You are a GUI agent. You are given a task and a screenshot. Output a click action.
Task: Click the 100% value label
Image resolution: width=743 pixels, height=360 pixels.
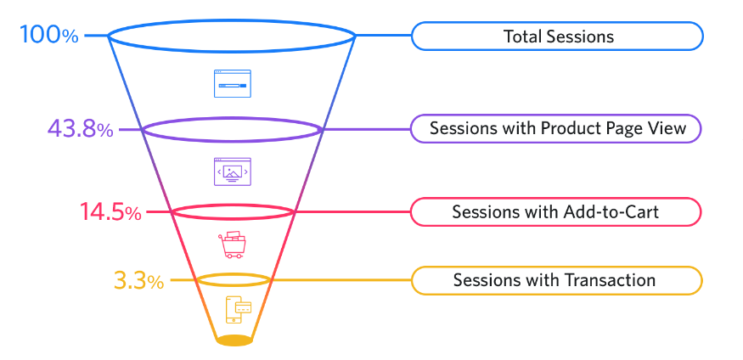click(48, 36)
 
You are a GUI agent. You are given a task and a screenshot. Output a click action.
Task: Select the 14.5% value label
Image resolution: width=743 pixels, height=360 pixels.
click(110, 211)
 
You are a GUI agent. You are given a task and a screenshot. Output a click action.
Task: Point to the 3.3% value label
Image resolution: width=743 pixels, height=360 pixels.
click(138, 280)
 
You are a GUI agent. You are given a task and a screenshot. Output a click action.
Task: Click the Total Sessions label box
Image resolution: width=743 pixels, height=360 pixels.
click(557, 37)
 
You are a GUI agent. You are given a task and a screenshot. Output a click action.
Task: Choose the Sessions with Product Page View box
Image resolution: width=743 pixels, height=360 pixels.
click(557, 129)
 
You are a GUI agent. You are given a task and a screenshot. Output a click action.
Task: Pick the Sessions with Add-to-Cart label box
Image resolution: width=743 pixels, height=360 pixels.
click(557, 211)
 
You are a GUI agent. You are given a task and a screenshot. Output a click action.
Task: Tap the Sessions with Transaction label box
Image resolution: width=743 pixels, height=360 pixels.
click(557, 280)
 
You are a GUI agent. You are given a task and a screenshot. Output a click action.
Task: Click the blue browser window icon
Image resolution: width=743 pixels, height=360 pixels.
click(232, 84)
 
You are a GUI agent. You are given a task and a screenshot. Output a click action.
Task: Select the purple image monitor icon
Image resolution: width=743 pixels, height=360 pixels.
click(232, 172)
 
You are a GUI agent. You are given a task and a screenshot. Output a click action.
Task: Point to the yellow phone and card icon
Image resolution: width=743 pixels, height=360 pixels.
click(238, 310)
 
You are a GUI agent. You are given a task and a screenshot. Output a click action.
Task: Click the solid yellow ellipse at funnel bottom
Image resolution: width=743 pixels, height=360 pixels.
click(234, 340)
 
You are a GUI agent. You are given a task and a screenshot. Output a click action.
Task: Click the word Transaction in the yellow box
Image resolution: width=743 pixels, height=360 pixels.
click(614, 280)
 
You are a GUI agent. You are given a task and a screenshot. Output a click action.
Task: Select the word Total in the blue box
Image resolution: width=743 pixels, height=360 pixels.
click(523, 37)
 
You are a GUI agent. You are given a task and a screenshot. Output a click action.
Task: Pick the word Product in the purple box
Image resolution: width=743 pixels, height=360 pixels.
click(571, 129)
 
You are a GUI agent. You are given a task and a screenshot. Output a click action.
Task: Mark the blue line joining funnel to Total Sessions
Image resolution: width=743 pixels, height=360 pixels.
click(383, 36)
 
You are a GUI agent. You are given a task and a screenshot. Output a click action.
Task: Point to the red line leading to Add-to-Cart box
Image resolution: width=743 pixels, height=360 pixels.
click(352, 211)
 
